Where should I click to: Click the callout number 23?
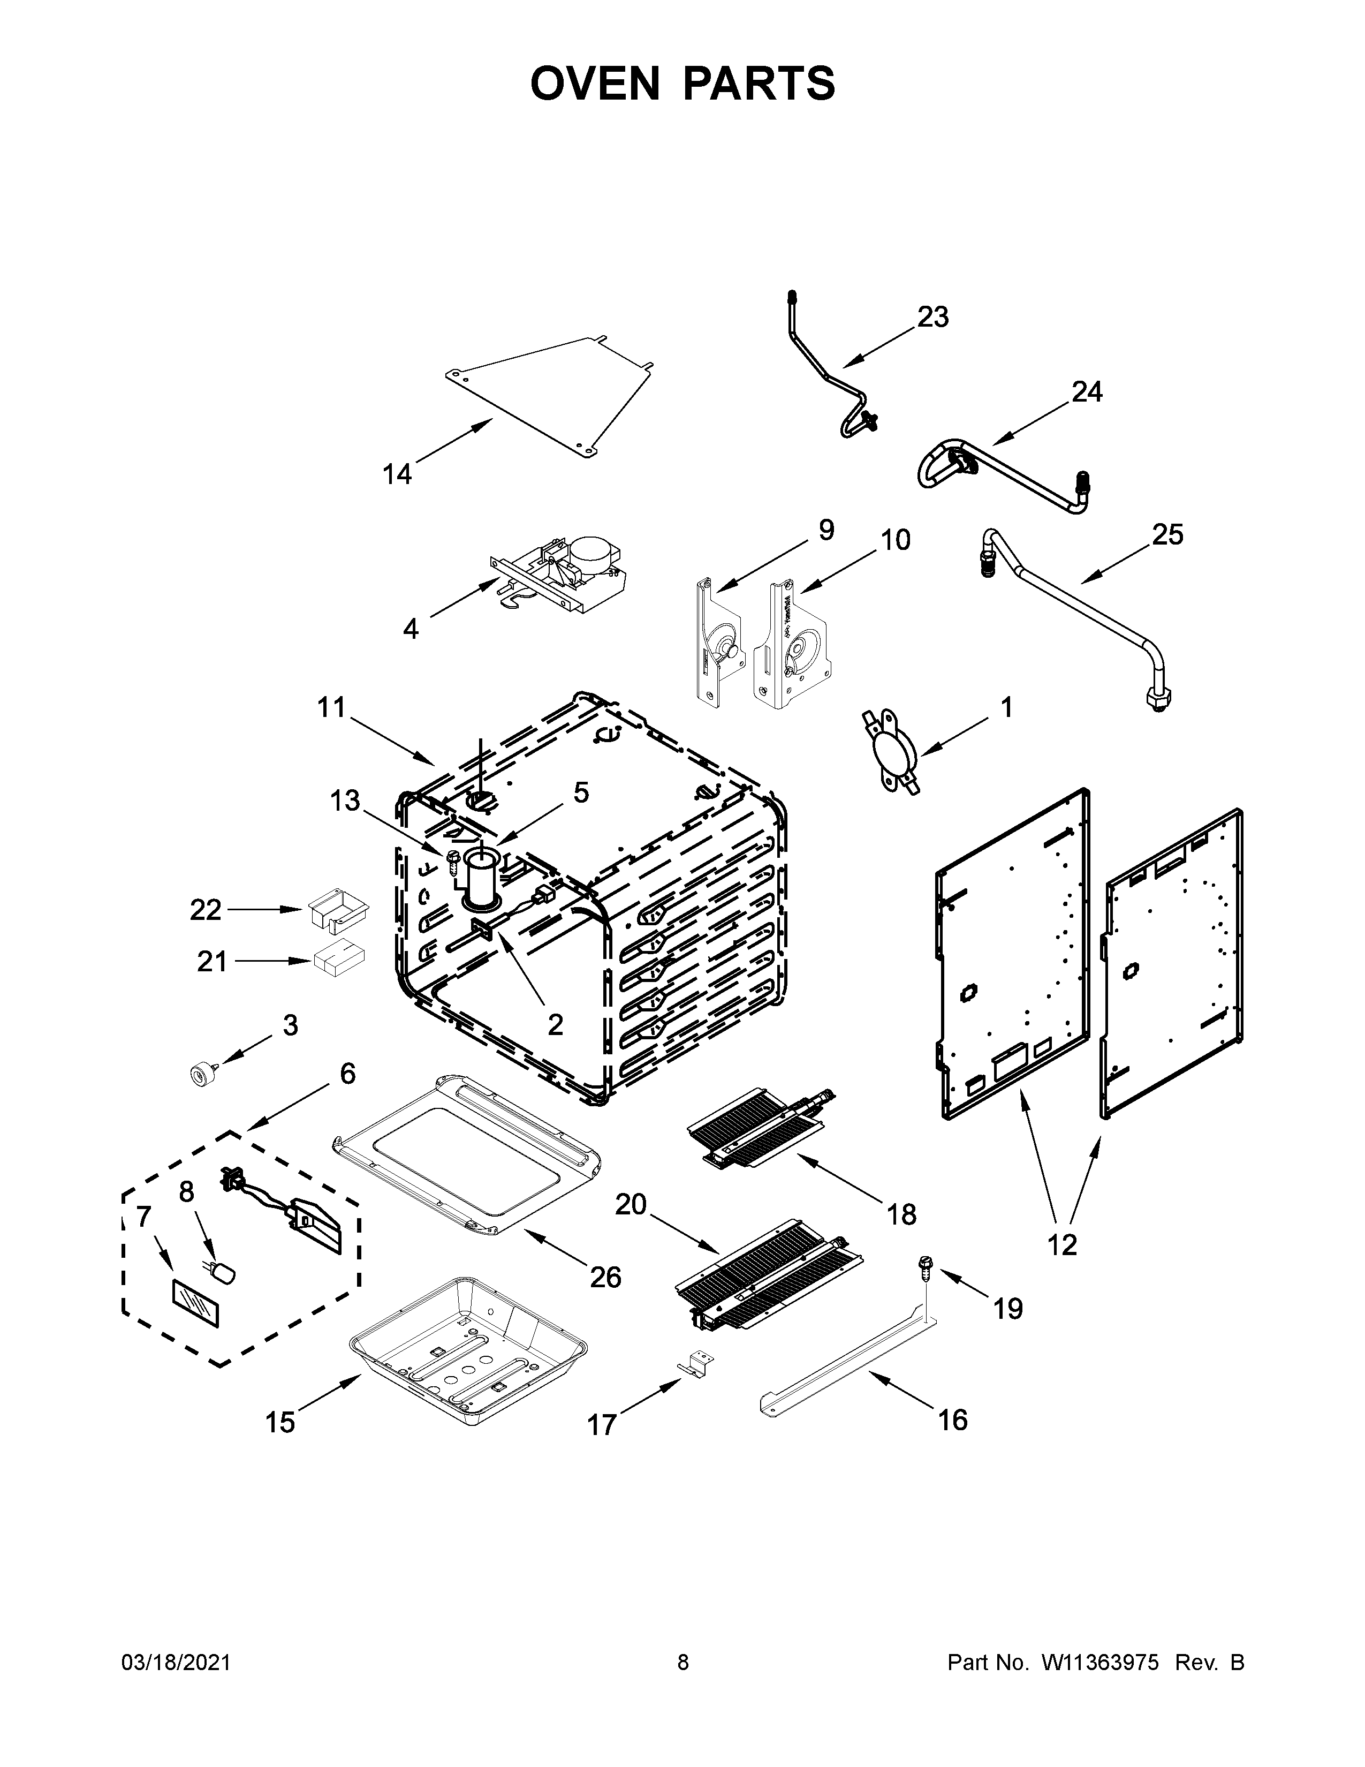tap(932, 317)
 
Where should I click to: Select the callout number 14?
tap(397, 474)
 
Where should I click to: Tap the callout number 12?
tap(1062, 1244)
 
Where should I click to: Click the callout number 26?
tap(605, 1277)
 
